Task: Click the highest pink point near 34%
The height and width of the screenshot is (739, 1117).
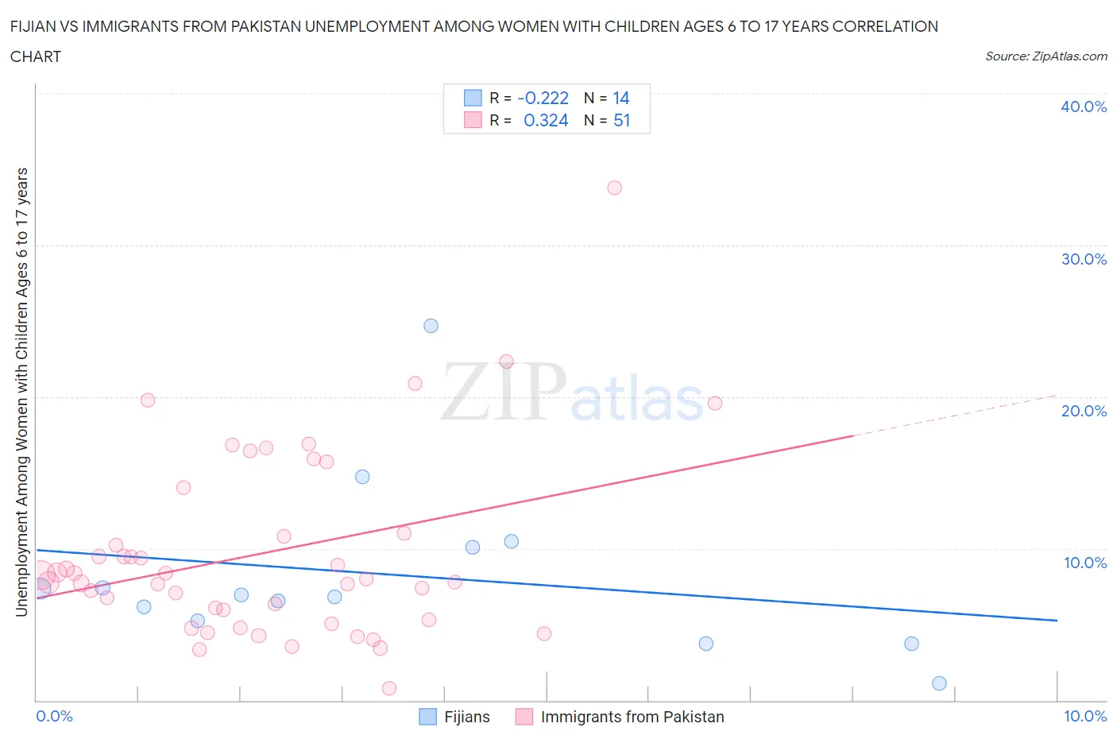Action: click(614, 188)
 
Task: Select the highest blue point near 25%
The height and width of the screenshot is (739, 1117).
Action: click(431, 326)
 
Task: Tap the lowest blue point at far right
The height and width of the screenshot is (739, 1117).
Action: click(939, 683)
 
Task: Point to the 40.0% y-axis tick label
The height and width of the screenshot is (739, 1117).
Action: click(1084, 106)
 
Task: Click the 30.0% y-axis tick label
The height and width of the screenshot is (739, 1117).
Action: click(1084, 259)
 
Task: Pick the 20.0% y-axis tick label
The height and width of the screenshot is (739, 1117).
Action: click(1084, 411)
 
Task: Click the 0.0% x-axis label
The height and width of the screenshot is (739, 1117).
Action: click(54, 716)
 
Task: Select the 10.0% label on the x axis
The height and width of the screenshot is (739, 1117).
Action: click(1084, 716)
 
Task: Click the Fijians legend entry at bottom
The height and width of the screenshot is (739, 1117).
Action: click(466, 717)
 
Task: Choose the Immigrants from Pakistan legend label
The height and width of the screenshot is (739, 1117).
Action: click(632, 717)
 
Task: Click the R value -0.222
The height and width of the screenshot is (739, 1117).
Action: click(543, 99)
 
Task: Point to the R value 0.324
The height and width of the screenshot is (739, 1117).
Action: click(546, 121)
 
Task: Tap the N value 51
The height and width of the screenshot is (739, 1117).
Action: click(621, 121)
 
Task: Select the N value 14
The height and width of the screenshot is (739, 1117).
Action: click(620, 99)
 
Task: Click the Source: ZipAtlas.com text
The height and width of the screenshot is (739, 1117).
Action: click(1045, 56)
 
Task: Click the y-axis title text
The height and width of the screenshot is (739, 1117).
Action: click(22, 392)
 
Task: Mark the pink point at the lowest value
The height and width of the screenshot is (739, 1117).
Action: click(389, 688)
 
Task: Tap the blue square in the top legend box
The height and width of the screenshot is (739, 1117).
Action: click(473, 99)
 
